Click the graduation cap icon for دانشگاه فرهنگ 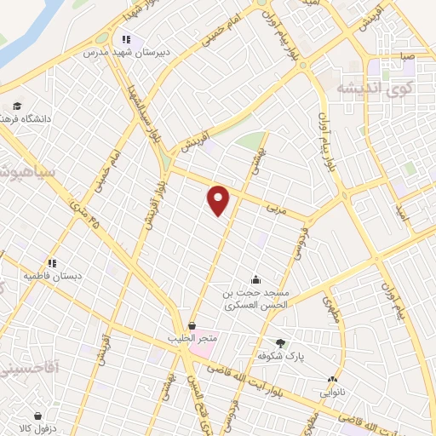[16, 107]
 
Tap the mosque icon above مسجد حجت [255, 280]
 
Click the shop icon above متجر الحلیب [192, 325]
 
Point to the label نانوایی [333, 393]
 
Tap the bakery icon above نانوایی [333, 380]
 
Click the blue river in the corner [21, 30]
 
